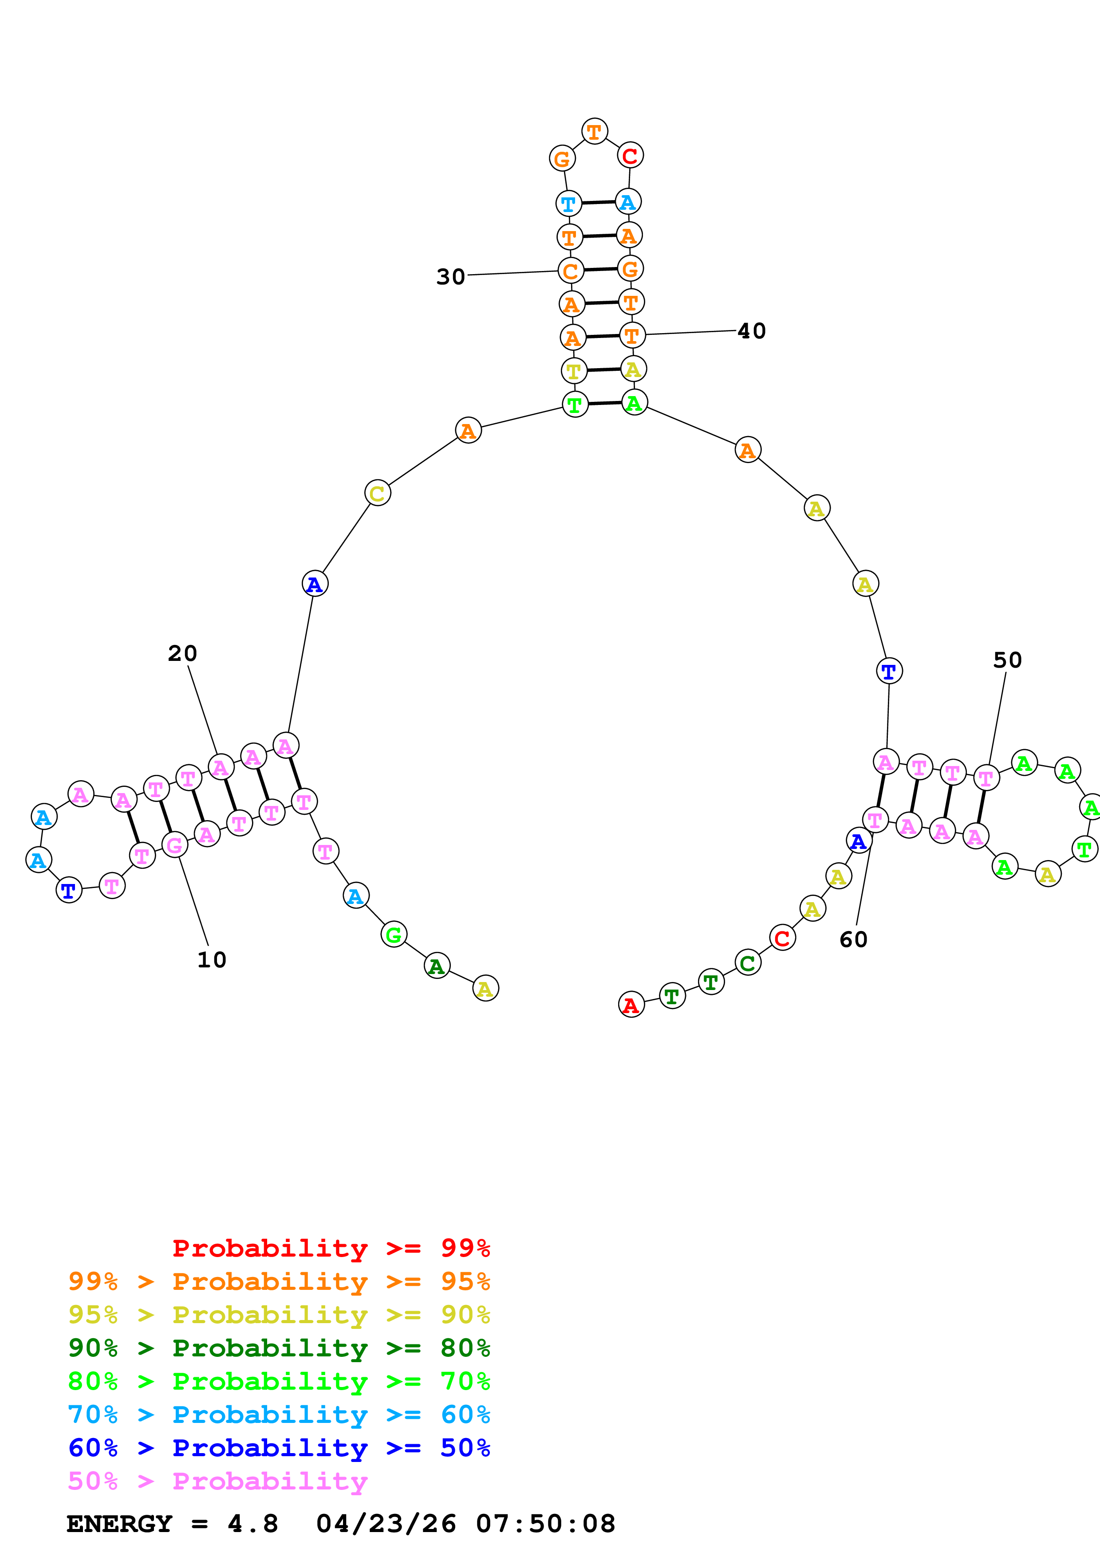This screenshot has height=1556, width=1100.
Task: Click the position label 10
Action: (x=212, y=959)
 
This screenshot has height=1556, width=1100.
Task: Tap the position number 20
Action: (x=182, y=653)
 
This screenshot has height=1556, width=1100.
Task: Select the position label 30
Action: (x=451, y=276)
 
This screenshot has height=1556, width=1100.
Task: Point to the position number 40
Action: (x=752, y=331)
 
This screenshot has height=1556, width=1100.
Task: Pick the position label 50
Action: (x=1007, y=660)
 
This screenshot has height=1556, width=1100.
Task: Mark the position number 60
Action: (x=853, y=939)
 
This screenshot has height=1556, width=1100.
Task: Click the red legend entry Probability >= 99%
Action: (x=331, y=1248)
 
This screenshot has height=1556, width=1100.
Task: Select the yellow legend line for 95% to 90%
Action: (x=279, y=1315)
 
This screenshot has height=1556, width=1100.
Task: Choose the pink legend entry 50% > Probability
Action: (x=217, y=1481)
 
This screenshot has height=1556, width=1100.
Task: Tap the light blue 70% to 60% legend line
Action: (x=279, y=1415)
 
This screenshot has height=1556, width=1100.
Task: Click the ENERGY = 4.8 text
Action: (x=172, y=1524)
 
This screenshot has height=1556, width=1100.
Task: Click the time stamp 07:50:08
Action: (x=546, y=1524)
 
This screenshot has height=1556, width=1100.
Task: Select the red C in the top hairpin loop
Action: (x=630, y=156)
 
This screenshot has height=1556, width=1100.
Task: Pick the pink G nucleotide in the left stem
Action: (x=175, y=845)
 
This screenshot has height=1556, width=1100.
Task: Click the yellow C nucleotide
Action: (x=378, y=493)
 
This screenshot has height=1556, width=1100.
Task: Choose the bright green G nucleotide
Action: (x=394, y=935)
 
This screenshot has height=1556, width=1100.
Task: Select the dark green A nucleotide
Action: (x=437, y=967)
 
